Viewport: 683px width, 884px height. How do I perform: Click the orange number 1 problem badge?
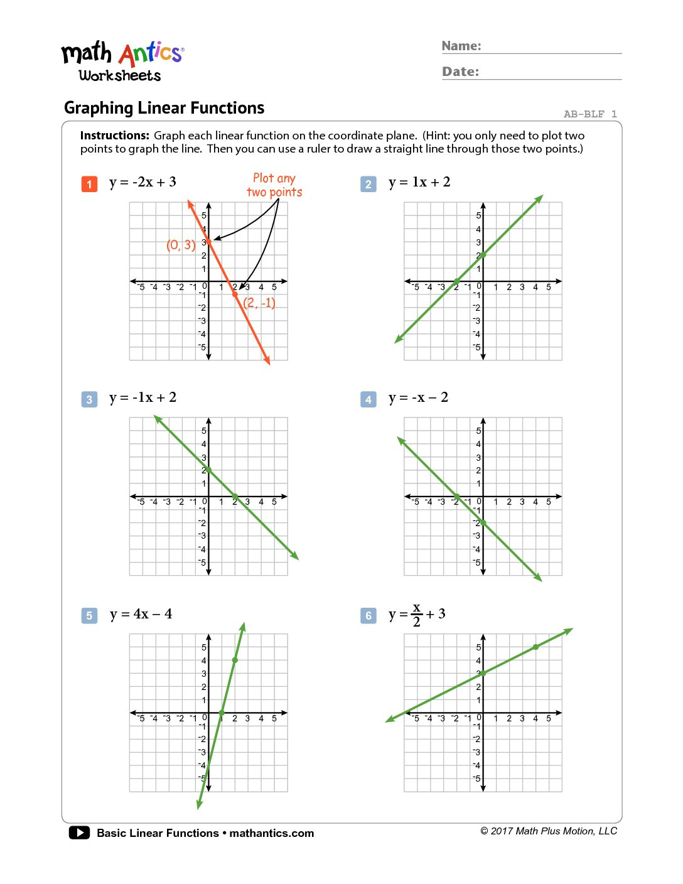click(89, 184)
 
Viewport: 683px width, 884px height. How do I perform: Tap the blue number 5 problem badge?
click(89, 615)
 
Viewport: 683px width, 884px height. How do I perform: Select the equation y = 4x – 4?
click(141, 614)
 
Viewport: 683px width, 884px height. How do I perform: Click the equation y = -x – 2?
click(418, 397)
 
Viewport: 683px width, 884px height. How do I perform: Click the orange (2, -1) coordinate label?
click(259, 303)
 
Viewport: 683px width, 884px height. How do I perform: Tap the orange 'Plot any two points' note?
click(274, 185)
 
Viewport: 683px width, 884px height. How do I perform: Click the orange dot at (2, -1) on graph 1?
click(235, 294)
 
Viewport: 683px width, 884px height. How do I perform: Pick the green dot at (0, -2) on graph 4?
click(483, 523)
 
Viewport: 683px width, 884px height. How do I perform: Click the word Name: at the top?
click(461, 46)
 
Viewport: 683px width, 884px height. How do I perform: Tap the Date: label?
click(460, 72)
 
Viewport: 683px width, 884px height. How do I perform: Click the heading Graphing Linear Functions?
click(164, 108)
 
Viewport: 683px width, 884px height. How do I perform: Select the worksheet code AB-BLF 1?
click(590, 114)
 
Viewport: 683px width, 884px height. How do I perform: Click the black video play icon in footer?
click(79, 833)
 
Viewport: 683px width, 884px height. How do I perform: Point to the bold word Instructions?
click(115, 136)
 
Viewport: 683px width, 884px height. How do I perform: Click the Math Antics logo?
click(122, 62)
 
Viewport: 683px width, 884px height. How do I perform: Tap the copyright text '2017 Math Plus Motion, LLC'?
click(549, 831)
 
